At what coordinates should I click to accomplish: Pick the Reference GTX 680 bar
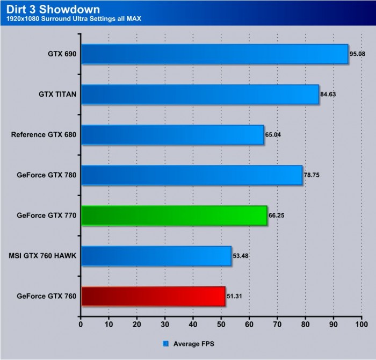pyautogui.click(x=172, y=134)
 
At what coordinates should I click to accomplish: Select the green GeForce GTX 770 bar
pyautogui.click(x=174, y=215)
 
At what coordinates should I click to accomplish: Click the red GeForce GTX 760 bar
pyautogui.click(x=153, y=296)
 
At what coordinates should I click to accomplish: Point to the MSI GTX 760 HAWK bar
pyautogui.click(x=156, y=256)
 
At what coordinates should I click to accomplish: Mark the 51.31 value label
pyautogui.click(x=235, y=296)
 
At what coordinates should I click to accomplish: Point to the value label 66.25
pyautogui.click(x=277, y=215)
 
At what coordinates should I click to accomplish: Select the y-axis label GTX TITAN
pyautogui.click(x=57, y=94)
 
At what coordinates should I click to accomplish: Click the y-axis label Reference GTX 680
pyautogui.click(x=44, y=134)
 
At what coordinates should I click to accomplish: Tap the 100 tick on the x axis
pyautogui.click(x=361, y=324)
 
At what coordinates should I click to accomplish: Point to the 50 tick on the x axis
pyautogui.click(x=221, y=324)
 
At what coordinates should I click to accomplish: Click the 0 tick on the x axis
pyautogui.click(x=81, y=324)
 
